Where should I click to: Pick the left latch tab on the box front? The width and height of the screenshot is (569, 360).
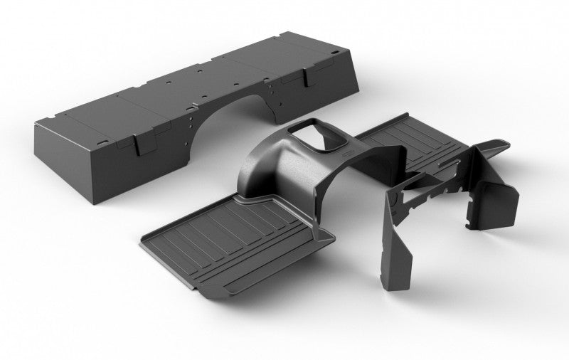[x=133, y=143]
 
